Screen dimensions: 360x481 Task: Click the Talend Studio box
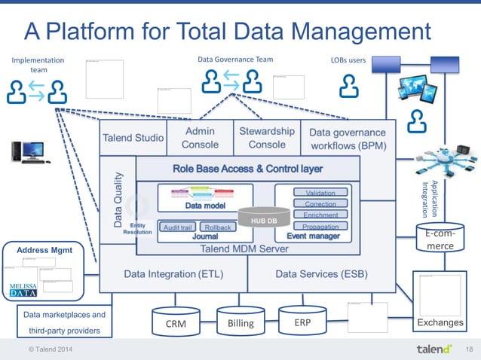(x=133, y=138)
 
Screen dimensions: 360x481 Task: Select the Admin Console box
(x=200, y=137)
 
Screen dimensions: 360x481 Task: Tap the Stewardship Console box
(x=266, y=137)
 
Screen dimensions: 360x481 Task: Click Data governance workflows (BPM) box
(x=347, y=137)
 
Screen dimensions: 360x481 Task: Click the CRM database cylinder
(x=175, y=322)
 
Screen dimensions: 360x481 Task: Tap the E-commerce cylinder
(x=440, y=241)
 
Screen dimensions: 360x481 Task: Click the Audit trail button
(x=178, y=227)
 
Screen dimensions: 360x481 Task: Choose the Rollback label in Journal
(x=218, y=227)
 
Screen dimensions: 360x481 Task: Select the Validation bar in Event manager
(x=320, y=193)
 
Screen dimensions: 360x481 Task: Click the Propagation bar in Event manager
(x=320, y=226)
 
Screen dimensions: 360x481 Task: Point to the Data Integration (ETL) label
(x=173, y=274)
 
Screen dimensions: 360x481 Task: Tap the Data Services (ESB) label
(x=320, y=274)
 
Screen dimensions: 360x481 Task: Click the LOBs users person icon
(x=348, y=86)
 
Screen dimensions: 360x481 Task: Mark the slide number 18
(x=468, y=349)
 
